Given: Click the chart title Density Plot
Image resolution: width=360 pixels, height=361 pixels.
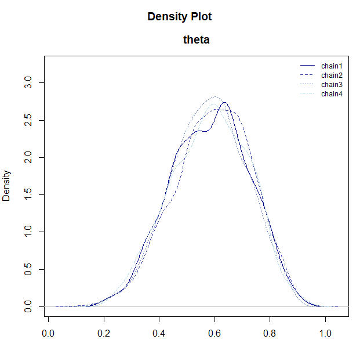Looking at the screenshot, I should (180, 17).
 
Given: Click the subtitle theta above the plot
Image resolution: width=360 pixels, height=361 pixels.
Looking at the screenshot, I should (196, 40).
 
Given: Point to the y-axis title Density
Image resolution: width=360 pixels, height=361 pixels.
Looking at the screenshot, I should (7, 185).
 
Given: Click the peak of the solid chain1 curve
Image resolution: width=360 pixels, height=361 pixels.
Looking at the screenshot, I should (225, 103).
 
